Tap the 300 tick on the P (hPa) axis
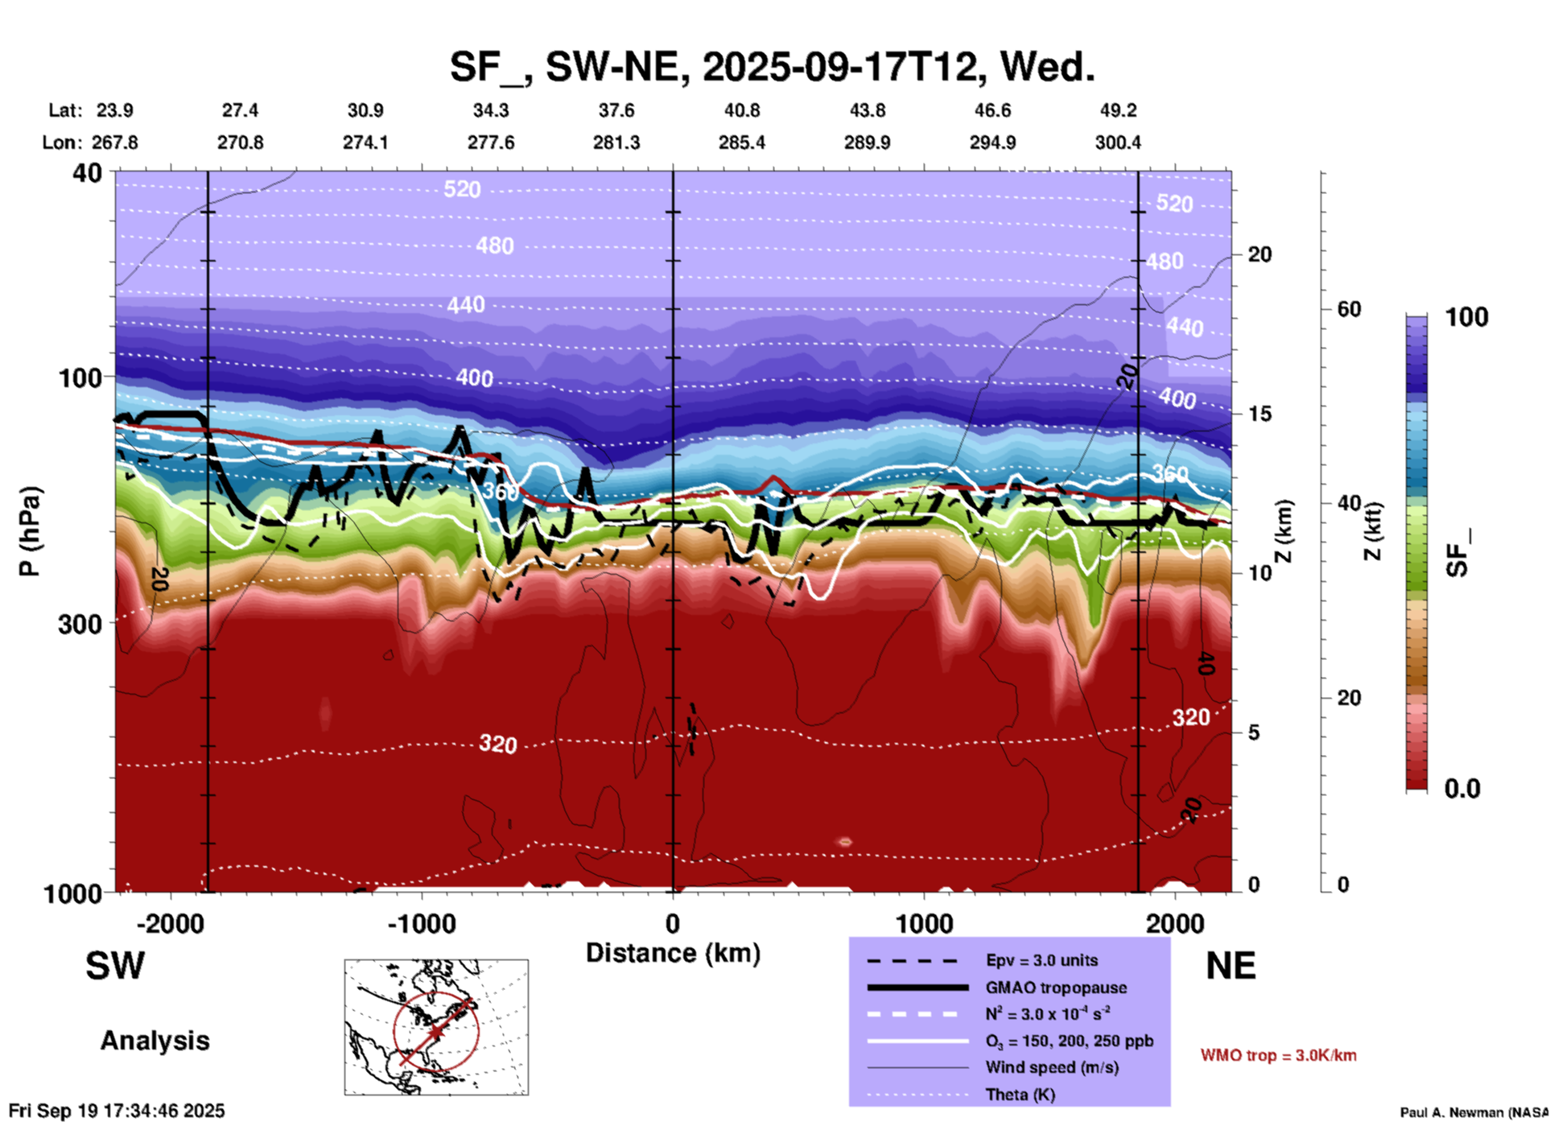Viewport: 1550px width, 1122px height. [x=81, y=624]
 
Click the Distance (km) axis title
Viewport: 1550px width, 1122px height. [x=673, y=953]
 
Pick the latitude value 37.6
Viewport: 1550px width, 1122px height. [x=616, y=110]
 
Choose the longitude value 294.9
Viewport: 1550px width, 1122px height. [x=992, y=142]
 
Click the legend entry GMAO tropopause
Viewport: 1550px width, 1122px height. [x=1056, y=988]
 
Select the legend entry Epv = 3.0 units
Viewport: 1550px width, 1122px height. [x=1041, y=960]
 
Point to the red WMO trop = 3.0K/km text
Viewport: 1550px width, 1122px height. [x=1278, y=1055]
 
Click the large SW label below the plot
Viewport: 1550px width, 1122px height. [x=115, y=966]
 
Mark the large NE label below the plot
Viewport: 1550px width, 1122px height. [x=1231, y=966]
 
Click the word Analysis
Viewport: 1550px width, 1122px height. [x=155, y=1041]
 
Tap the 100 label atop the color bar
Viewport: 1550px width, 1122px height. [x=1466, y=317]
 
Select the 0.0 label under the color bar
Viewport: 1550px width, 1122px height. [x=1462, y=789]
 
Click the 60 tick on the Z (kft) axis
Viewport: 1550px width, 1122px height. [x=1349, y=309]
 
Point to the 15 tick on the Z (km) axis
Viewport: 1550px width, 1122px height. [x=1259, y=414]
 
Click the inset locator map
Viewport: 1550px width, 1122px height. [x=436, y=1026]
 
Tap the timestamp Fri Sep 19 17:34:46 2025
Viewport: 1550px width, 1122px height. [x=117, y=1111]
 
